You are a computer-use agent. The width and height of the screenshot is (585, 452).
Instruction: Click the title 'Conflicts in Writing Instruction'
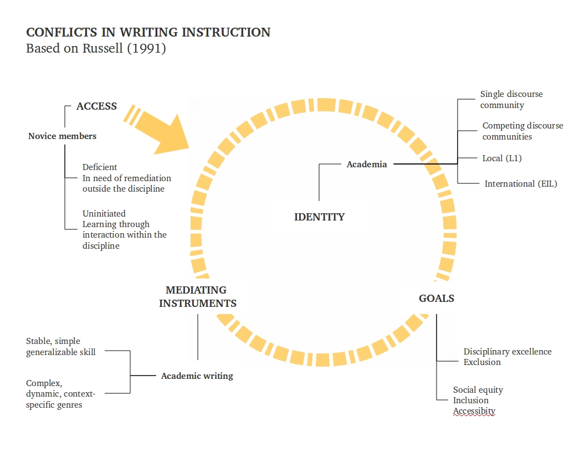point(148,32)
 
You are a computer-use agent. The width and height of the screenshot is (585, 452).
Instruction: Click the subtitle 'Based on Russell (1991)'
point(96,48)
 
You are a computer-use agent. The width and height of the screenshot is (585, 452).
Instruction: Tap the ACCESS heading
point(96,106)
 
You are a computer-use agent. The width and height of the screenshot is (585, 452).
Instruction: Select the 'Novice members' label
point(62,136)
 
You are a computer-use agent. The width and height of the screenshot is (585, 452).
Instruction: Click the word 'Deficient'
point(100,167)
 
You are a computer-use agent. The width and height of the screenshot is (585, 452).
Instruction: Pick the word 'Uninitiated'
point(104,214)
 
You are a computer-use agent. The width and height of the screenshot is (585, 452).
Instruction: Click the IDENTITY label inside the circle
point(319,217)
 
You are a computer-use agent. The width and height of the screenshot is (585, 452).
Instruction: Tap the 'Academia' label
point(367,165)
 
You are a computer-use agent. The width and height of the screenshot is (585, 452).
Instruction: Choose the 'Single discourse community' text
point(511,100)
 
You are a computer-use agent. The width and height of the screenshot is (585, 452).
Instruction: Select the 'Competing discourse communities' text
point(522,131)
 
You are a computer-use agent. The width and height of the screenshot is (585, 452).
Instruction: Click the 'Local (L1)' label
point(502,158)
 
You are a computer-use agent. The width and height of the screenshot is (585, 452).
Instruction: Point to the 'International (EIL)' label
point(521,184)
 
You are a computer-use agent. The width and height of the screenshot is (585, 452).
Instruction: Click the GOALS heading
point(437,299)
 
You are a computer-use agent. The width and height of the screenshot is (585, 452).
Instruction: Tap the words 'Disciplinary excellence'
point(507,352)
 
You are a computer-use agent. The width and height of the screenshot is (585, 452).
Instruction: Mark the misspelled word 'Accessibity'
point(474,411)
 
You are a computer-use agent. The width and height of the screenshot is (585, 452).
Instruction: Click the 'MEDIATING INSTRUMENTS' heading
point(197,296)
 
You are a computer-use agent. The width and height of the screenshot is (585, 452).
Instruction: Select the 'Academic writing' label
point(197,376)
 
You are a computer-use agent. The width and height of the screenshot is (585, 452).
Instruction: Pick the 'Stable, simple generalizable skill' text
point(61,347)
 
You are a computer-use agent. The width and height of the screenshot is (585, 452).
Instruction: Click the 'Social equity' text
point(478,390)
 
